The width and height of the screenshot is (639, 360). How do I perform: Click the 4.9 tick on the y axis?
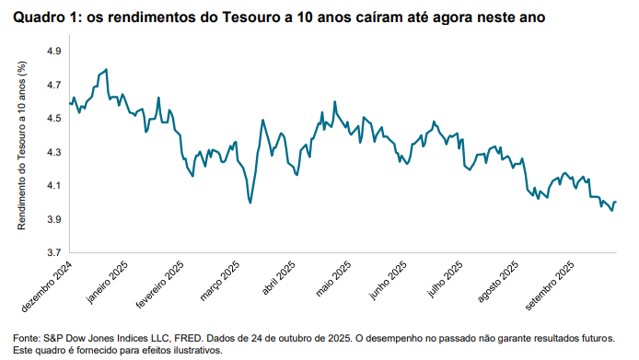click(x=52, y=51)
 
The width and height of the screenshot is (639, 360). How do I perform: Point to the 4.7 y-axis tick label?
click(x=52, y=85)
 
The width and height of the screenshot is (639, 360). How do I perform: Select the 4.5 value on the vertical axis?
click(x=52, y=118)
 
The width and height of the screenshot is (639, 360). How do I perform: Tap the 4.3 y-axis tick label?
click(x=52, y=152)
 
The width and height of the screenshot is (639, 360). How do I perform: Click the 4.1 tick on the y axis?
click(x=52, y=186)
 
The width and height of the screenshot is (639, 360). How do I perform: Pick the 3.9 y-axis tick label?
click(x=52, y=219)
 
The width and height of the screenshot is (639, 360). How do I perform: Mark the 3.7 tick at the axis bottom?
click(x=52, y=253)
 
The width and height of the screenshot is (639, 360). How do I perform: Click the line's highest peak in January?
click(x=107, y=69)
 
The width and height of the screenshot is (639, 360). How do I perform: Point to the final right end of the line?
click(x=615, y=202)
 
